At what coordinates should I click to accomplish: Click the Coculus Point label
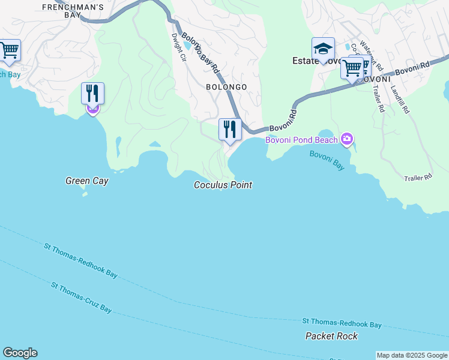coord(223,185)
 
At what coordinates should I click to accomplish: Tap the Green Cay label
coord(87,181)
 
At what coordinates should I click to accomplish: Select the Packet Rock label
coord(331,336)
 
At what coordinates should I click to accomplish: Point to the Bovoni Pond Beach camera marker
coord(347,140)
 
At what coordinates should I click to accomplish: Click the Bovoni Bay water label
coord(327,160)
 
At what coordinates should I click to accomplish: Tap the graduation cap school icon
coord(323,49)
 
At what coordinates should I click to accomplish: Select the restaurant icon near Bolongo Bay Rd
coord(229,130)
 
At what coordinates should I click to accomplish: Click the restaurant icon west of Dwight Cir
coord(92,94)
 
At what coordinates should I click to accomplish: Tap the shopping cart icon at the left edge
coord(9,51)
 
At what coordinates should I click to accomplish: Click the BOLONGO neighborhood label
coord(226,87)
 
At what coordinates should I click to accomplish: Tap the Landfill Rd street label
coord(399,98)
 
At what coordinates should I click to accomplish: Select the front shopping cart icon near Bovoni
coord(352,68)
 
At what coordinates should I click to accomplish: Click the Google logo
coord(20,353)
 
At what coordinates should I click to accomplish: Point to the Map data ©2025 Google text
coord(412,355)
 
